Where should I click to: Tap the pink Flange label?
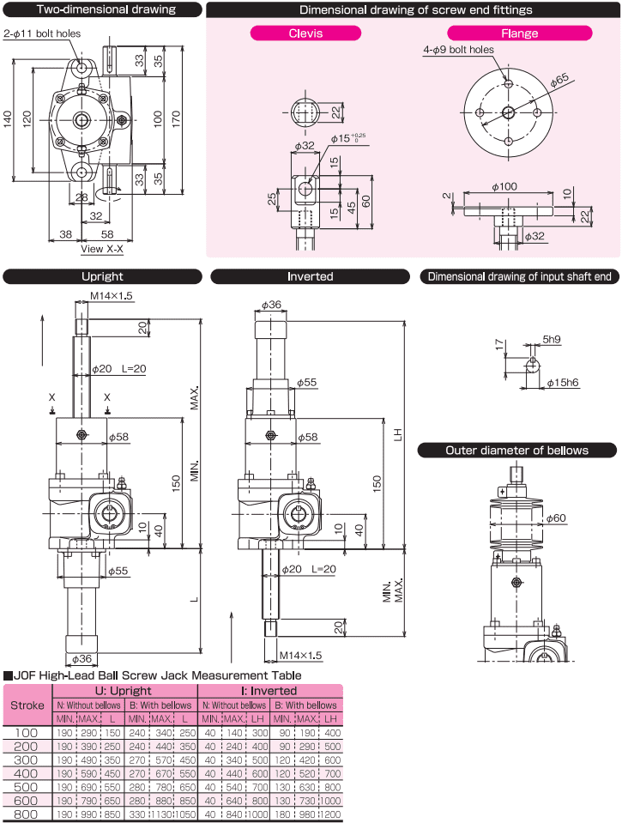click(x=520, y=33)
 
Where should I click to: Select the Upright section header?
click(x=102, y=276)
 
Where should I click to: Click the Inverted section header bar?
click(x=311, y=276)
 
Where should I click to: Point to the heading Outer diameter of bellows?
click(x=516, y=450)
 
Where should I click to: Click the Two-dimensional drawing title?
click(x=102, y=10)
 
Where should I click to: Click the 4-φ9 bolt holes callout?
click(x=458, y=50)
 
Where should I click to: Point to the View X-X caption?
click(x=102, y=249)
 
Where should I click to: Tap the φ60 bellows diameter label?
click(x=556, y=518)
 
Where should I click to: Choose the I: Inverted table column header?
click(x=271, y=690)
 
